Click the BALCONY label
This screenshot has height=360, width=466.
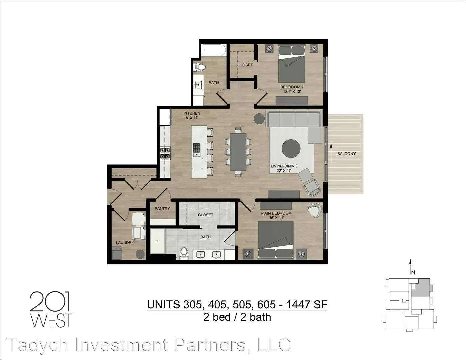click(x=346, y=154)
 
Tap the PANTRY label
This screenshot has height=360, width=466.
click(x=162, y=209)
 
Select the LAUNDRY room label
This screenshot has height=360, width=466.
click(x=125, y=243)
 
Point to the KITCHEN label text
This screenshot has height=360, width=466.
click(x=192, y=113)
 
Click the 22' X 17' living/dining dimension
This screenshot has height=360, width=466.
click(x=284, y=171)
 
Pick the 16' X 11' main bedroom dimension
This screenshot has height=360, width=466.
click(x=276, y=218)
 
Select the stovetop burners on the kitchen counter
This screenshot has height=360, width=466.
click(x=165, y=153)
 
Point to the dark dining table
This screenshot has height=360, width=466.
click(x=238, y=152)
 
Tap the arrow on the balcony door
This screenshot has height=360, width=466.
click(x=331, y=152)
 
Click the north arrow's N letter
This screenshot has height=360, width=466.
click(x=413, y=272)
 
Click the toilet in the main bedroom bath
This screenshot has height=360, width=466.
click(x=184, y=253)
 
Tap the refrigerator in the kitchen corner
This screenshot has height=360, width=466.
click(x=165, y=117)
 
